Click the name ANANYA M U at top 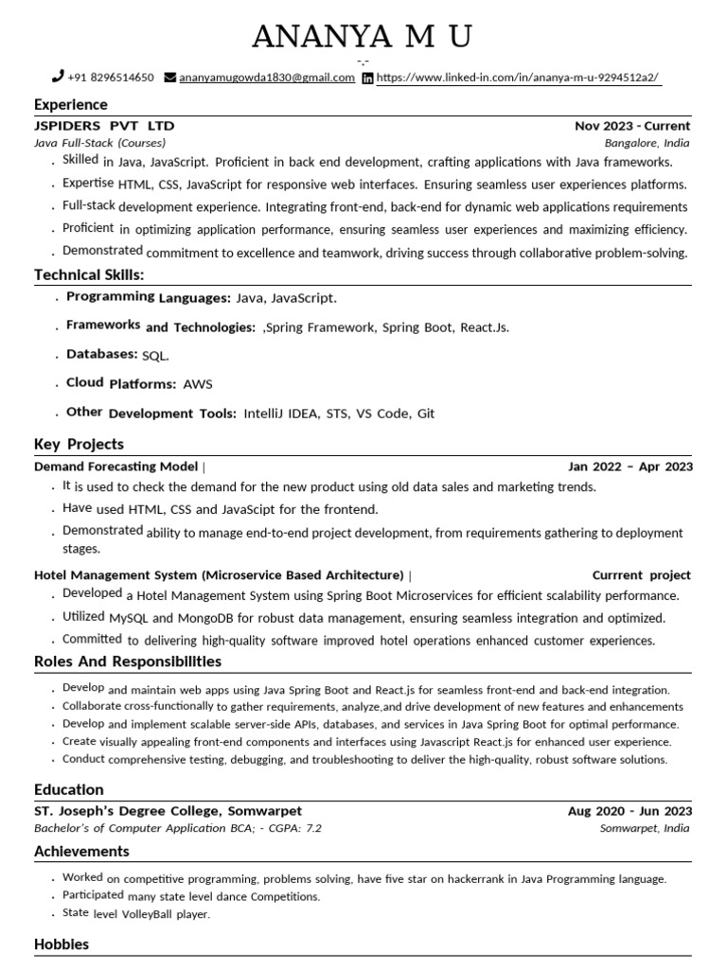363,37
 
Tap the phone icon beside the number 58,77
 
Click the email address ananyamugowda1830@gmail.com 267,78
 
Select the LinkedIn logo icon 367,78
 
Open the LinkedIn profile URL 518,78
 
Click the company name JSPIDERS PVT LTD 104,126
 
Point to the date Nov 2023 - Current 632,126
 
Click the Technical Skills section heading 89,274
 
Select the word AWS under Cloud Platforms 198,384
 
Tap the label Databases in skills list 101,354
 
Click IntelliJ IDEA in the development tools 281,414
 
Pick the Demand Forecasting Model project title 115,467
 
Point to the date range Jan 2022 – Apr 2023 629,467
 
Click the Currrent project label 641,575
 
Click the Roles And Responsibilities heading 127,661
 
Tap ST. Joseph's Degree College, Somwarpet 168,811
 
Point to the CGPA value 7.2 312,828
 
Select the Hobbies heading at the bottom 62,944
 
